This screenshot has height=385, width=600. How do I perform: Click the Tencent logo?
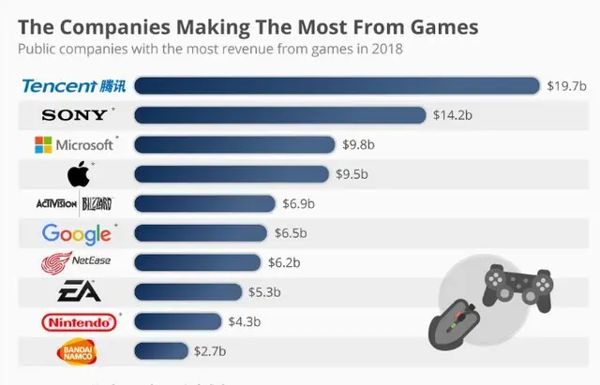point(73,86)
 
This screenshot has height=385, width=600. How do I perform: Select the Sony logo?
point(73,115)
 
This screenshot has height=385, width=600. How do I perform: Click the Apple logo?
point(78,174)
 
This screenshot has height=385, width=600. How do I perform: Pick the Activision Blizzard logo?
point(74,203)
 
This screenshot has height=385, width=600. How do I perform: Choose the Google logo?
point(76,233)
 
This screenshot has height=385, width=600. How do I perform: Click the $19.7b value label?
point(566,86)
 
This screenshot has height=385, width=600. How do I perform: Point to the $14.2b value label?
point(452,115)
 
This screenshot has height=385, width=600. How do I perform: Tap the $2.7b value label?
point(212,352)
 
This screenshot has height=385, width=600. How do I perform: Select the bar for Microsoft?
point(234,145)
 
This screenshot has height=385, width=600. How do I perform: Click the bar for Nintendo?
point(178,322)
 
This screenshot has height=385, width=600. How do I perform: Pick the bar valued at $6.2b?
point(198,262)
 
